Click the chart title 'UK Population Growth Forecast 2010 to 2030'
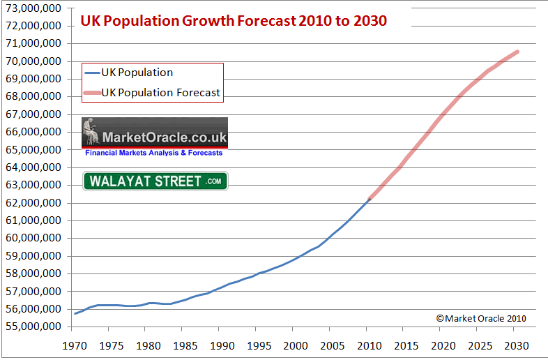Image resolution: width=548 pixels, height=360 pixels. (234, 20)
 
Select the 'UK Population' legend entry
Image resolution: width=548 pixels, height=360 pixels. (137, 73)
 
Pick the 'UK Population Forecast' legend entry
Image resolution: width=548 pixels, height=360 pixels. (160, 92)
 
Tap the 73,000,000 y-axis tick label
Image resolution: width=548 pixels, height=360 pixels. (33, 8)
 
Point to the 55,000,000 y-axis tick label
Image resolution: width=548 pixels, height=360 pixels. (33, 327)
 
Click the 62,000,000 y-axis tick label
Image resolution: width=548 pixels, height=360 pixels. (33, 202)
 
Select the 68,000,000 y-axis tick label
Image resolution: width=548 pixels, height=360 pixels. (33, 96)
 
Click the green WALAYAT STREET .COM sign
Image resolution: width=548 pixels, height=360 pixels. (155, 181)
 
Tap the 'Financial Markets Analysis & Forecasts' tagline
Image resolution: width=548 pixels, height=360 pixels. (155, 153)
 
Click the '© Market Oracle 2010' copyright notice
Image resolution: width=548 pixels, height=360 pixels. (481, 318)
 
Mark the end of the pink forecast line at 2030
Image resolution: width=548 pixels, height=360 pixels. (517, 51)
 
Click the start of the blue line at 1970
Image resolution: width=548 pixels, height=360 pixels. (75, 313)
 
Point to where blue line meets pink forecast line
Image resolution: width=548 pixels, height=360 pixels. (370, 200)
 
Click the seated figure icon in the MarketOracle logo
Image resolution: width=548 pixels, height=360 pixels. (89, 133)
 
